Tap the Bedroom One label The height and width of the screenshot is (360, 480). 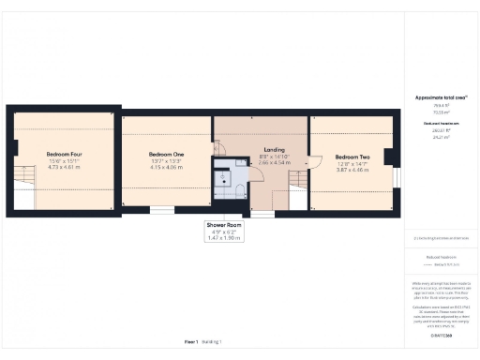[x=166, y=154]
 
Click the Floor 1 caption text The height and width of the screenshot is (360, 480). [x=191, y=342]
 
